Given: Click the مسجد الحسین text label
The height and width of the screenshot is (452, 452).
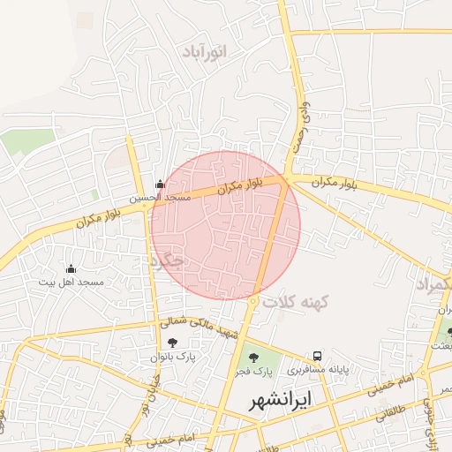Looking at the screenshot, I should (x=161, y=198).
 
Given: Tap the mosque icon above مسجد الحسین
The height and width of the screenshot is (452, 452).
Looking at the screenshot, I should (x=160, y=184).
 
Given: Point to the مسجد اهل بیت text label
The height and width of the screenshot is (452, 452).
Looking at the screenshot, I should (x=72, y=282).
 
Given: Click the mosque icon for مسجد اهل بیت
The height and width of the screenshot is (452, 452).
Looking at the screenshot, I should (x=72, y=268).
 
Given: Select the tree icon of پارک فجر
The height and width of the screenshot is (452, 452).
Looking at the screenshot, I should (x=254, y=358).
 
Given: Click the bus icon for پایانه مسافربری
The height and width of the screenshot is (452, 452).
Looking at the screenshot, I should (x=318, y=355).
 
